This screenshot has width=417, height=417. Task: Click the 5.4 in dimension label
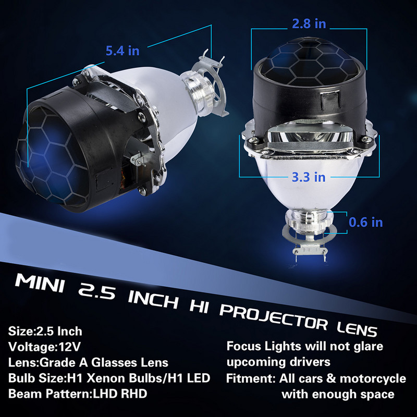122,51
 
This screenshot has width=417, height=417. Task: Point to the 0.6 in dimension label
365,222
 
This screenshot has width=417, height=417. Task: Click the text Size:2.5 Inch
45,330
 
